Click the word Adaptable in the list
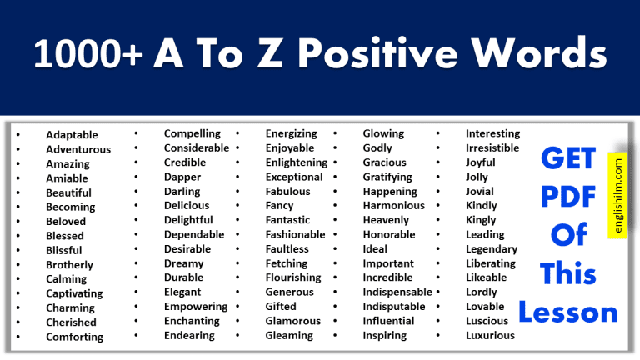click(72, 135)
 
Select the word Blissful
click(64, 250)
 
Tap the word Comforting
click(75, 337)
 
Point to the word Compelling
click(192, 133)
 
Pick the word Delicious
click(187, 206)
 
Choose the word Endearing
click(189, 336)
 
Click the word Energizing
click(291, 133)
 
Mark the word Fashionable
click(294, 235)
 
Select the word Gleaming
click(288, 336)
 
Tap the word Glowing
click(383, 133)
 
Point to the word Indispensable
click(397, 292)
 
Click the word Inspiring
click(385, 336)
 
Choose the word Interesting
click(492, 133)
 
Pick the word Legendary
click(492, 249)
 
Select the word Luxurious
click(490, 336)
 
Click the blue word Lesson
click(568, 312)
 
